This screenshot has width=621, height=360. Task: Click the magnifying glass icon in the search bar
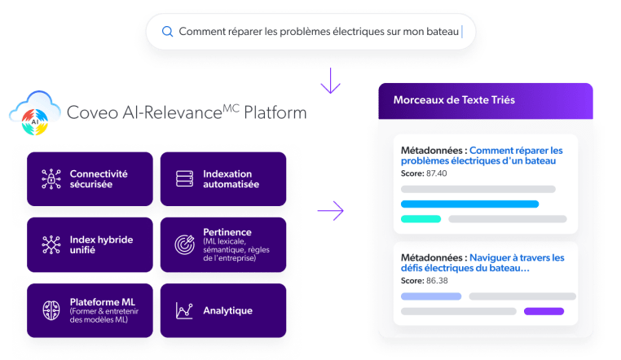tap(167, 32)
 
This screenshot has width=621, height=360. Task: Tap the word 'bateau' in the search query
tap(440, 32)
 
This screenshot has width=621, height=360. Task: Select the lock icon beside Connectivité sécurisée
tap(50, 179)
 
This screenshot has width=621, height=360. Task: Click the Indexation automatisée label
tap(231, 179)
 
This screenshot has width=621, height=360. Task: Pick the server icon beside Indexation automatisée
tap(184, 179)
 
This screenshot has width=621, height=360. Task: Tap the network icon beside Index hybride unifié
tap(50, 244)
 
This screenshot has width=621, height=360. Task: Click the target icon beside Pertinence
tap(184, 244)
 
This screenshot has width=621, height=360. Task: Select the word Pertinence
tap(229, 231)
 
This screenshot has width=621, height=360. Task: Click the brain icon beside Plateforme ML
tap(50, 310)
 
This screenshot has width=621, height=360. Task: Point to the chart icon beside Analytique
tap(184, 310)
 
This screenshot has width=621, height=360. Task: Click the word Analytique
tap(228, 310)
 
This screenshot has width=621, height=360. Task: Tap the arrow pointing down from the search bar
tap(330, 81)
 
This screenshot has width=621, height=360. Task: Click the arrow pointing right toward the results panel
tap(330, 211)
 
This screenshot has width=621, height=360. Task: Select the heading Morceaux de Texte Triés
tap(454, 99)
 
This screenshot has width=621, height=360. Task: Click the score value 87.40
tap(437, 173)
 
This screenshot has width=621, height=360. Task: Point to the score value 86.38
tap(437, 280)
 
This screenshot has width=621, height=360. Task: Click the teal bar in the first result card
tap(421, 218)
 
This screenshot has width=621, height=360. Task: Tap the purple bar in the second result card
tap(544, 310)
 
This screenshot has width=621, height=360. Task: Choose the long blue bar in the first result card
tap(470, 204)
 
